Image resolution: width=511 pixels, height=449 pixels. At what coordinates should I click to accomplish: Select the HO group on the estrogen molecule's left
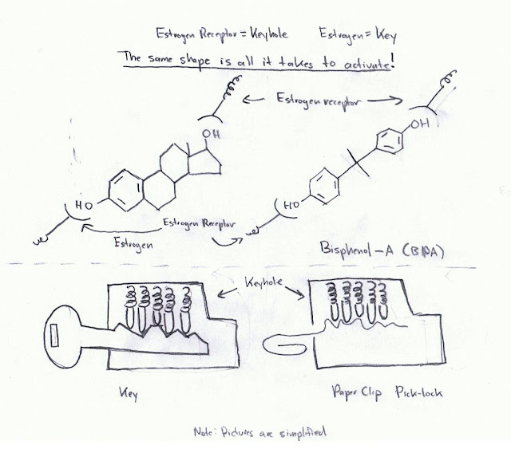point(84,203)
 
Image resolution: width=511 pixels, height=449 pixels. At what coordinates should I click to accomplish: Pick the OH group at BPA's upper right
point(430,125)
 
